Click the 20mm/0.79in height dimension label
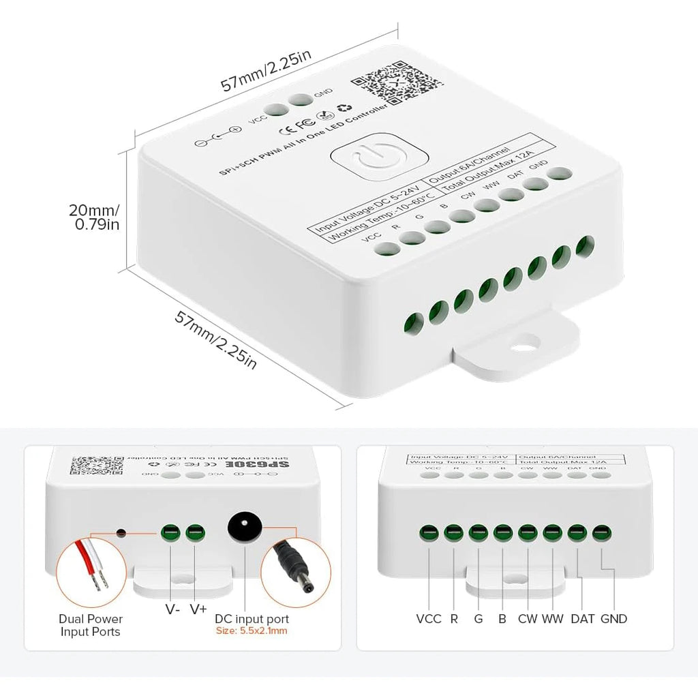point(96,216)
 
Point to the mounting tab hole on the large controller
point(526,341)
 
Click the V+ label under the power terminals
point(198,609)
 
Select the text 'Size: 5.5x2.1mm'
point(252,631)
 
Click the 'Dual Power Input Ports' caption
point(90,625)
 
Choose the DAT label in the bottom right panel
point(583,619)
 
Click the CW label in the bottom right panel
point(528,619)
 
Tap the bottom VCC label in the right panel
point(429,619)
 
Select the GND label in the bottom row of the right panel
point(613,619)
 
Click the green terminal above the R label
point(452,532)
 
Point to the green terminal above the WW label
point(551,532)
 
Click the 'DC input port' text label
point(252,619)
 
